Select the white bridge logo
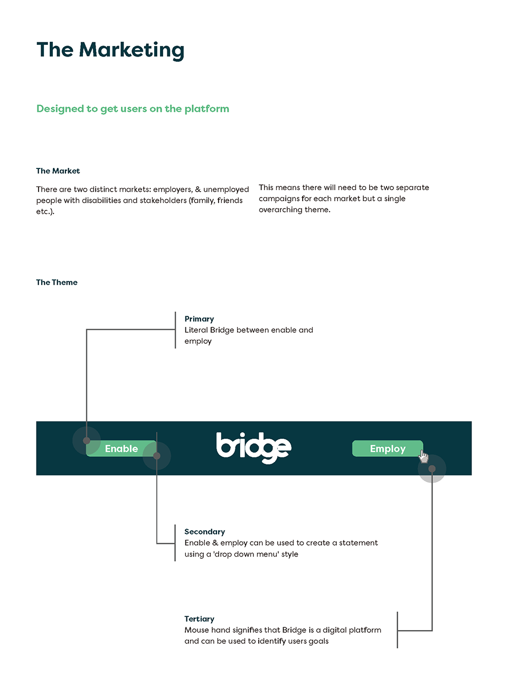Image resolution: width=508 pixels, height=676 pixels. tap(253, 447)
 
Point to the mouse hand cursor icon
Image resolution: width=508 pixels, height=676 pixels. tap(424, 456)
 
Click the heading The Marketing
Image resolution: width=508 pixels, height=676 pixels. tap(110, 50)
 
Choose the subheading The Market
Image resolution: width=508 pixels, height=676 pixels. tap(58, 171)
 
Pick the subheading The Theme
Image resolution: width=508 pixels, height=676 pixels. tap(57, 283)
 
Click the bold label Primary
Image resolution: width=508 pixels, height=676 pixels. tap(199, 319)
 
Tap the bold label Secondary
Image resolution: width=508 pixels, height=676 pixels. tap(205, 532)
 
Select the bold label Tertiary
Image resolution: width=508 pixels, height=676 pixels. tap(199, 619)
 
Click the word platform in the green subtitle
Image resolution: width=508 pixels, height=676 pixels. tap(207, 109)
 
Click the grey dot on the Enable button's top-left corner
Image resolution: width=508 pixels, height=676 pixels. tap(87, 440)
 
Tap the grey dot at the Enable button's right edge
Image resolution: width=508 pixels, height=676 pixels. tap(157, 456)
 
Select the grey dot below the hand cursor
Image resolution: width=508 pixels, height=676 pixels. tap(432, 469)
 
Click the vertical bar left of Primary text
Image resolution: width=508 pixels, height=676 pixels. tap(175, 330)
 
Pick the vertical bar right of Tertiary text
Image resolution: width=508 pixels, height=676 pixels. tap(398, 630)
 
